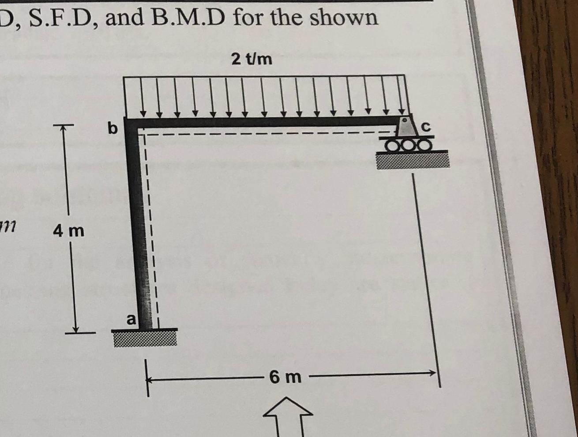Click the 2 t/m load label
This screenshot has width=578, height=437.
(x=252, y=59)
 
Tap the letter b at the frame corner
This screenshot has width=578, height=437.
(x=113, y=128)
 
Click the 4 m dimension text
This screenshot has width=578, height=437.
(x=68, y=230)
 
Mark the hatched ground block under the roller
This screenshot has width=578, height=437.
(x=412, y=159)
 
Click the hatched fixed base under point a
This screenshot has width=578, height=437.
(x=145, y=338)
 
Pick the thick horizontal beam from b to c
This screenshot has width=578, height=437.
(x=265, y=122)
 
